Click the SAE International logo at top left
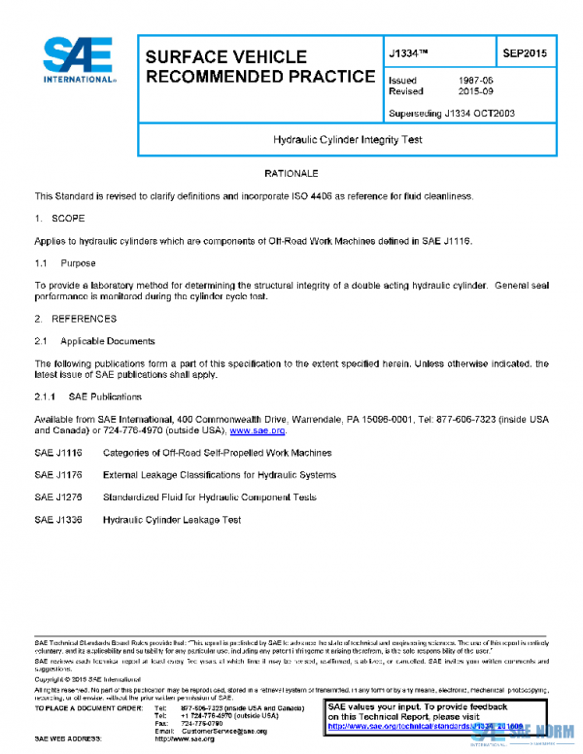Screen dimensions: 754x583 pos(78,60)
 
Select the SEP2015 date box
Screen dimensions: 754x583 pos(526,54)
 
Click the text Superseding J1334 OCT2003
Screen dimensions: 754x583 pos(451,114)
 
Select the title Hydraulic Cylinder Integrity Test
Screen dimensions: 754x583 pos(348,140)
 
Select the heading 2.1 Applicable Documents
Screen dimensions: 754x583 pos(94,341)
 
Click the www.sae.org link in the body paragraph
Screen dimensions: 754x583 pos(257,430)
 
